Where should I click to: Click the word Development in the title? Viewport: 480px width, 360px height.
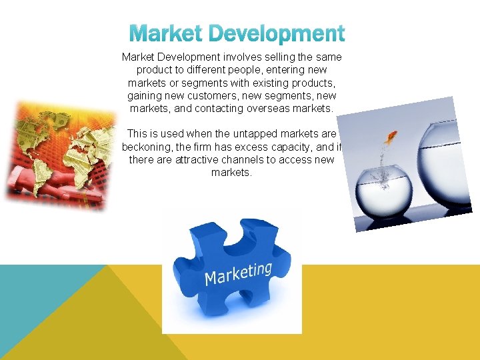pyautogui.click(x=277, y=33)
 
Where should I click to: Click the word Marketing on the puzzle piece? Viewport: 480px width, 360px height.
pyautogui.click(x=238, y=273)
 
